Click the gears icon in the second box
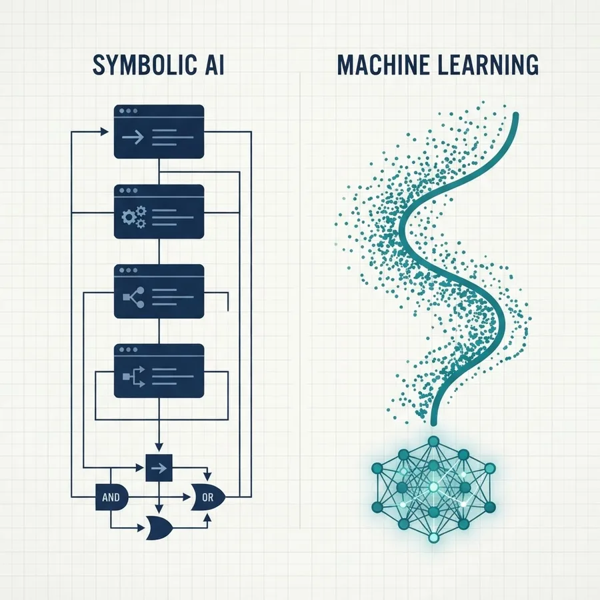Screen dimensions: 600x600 coord(134,217)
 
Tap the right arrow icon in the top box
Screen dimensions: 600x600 coord(133,137)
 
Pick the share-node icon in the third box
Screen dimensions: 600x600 coord(133,297)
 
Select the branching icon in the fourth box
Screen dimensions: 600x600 coord(134,376)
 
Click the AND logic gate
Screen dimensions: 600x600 coord(111,497)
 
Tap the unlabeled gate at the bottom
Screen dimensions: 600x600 coord(159,528)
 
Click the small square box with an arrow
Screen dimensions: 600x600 coord(159,467)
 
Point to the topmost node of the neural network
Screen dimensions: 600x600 coord(433,442)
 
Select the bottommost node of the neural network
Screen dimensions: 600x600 coord(433,537)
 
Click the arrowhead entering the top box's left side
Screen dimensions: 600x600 coord(105,131)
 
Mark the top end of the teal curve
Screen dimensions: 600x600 coord(515,115)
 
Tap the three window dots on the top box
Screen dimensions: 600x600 coord(128,111)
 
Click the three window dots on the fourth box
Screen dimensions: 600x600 coord(128,350)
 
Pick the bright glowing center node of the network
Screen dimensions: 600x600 coord(433,487)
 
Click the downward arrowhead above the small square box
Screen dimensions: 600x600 coord(159,447)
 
